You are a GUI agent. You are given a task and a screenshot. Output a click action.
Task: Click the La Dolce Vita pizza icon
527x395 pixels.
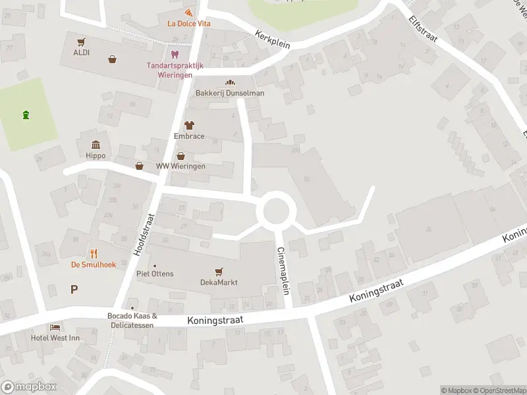point(190,13)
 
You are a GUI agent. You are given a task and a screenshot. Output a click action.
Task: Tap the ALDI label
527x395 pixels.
point(82,53)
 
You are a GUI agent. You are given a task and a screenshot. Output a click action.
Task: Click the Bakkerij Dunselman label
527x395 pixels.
point(230,93)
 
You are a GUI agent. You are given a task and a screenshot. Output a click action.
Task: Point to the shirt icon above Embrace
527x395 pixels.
point(190,124)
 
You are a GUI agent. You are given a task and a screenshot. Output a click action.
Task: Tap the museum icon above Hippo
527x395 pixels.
point(96,145)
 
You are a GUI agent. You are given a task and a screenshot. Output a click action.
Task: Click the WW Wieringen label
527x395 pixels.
point(180,166)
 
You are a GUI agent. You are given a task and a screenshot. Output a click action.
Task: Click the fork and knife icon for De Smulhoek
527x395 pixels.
point(94,253)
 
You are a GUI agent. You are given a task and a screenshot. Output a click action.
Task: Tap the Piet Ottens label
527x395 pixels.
point(155,273)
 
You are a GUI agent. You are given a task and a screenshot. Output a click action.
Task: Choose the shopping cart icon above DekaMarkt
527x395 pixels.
point(219,271)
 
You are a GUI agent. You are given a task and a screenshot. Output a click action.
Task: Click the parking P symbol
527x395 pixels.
point(74,288)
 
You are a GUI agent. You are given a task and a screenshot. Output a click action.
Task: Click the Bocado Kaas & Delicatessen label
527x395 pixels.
point(132,320)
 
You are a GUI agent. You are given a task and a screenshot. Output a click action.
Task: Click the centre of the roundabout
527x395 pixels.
point(276,211)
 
